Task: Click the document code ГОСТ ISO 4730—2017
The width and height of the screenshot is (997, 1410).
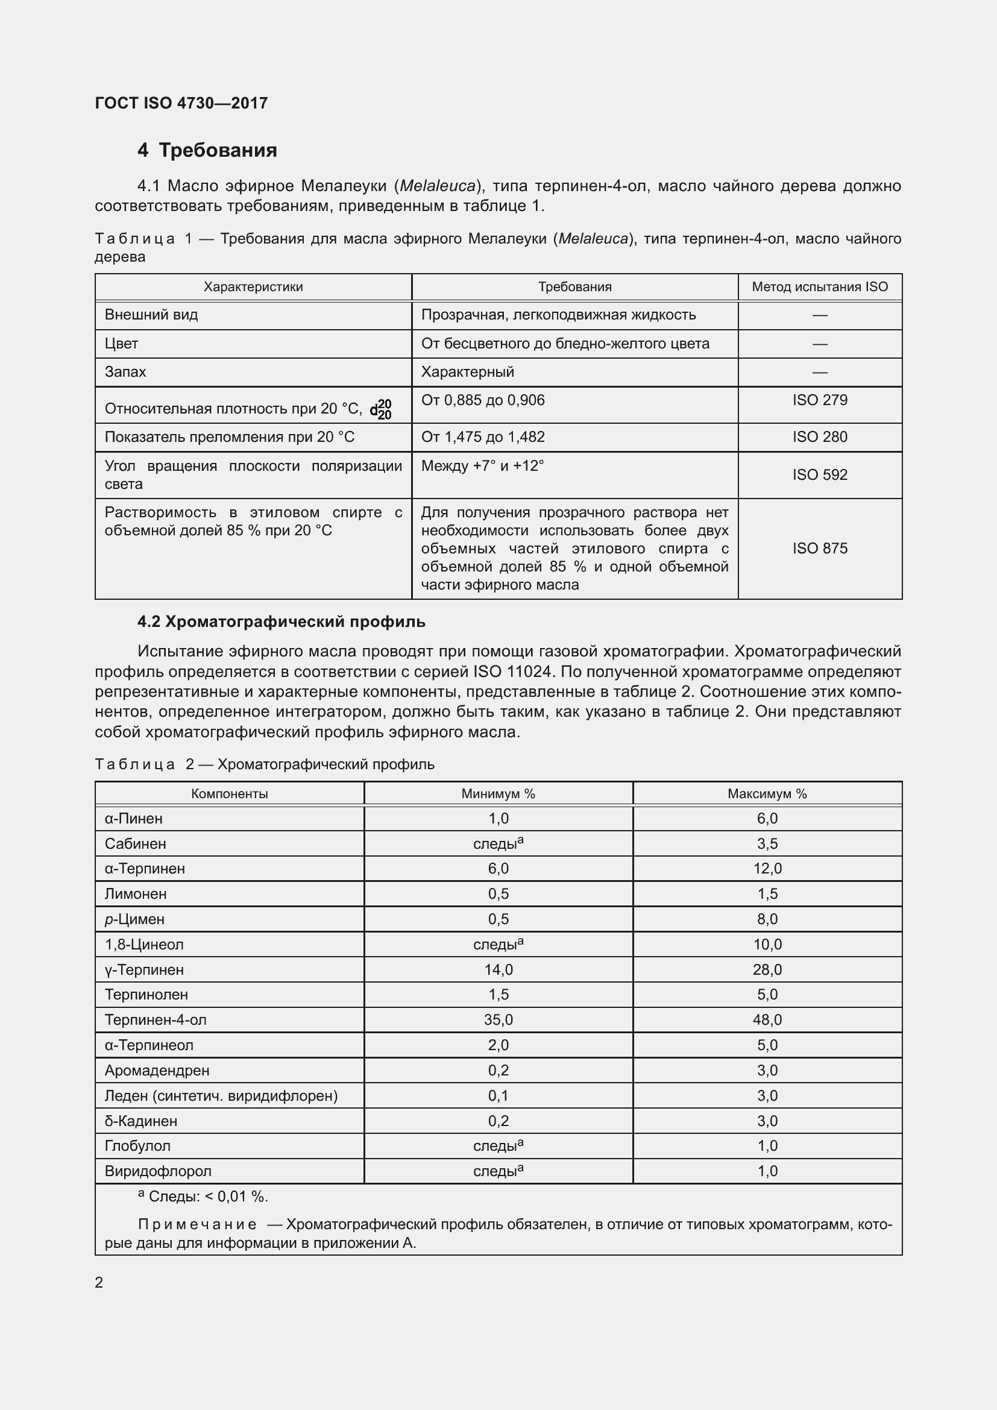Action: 181,103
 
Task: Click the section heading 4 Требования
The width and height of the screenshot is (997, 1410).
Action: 207,150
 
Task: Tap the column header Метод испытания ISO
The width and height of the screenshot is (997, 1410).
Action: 820,287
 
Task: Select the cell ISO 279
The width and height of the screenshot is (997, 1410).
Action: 820,400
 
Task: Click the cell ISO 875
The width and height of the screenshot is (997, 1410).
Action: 820,549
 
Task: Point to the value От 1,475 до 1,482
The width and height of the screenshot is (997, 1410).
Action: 483,437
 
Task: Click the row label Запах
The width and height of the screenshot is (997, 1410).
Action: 125,372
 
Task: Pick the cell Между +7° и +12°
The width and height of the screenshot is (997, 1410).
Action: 483,466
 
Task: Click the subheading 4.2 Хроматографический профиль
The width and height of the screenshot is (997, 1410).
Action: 281,622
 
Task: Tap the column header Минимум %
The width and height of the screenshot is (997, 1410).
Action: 498,794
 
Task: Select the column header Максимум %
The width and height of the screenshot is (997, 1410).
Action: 767,794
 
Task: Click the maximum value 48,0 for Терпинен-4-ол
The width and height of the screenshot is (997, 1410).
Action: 767,1020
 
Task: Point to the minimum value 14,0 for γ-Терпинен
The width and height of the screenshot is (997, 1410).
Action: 498,970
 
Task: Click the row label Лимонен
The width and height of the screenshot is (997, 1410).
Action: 136,894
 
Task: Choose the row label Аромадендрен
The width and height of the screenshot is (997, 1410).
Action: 157,1071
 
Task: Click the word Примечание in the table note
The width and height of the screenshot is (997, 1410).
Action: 197,1224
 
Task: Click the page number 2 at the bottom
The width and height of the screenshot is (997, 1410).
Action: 99,1282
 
